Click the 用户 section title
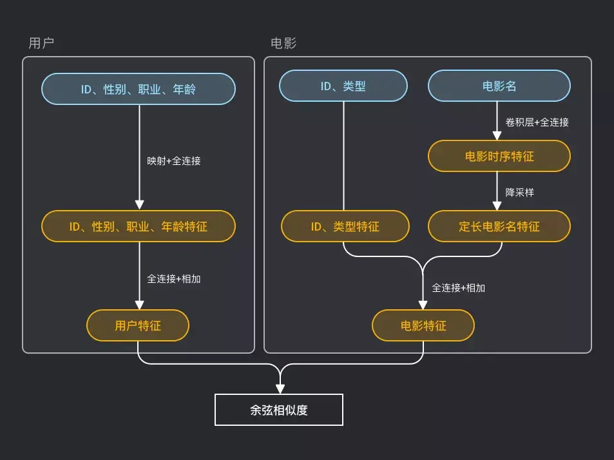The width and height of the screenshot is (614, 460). point(41,43)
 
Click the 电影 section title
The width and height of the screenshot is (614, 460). point(283,43)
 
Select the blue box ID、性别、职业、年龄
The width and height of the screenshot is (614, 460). point(139,89)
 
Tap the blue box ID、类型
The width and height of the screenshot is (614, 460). point(343,86)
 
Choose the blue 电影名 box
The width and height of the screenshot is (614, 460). point(499,86)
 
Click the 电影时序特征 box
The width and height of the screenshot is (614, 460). point(499,156)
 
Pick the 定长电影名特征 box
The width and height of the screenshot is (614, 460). point(499,226)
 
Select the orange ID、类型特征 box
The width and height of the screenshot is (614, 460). point(345,226)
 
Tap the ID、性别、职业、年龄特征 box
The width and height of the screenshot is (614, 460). point(139,226)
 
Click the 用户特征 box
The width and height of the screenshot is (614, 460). point(138,325)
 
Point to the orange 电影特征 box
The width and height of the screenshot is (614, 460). point(423,325)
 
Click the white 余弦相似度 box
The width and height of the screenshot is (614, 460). point(279,410)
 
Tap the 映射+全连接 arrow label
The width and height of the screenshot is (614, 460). point(174,160)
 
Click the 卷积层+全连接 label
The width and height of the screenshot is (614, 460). point(537,122)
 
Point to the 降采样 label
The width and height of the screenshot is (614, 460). point(519,192)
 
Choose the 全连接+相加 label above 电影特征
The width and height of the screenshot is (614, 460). point(459,287)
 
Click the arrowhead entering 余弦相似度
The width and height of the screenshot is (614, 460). point(280,389)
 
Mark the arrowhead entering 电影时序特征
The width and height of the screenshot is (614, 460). point(497,136)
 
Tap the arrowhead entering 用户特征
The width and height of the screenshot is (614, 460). point(139,305)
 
